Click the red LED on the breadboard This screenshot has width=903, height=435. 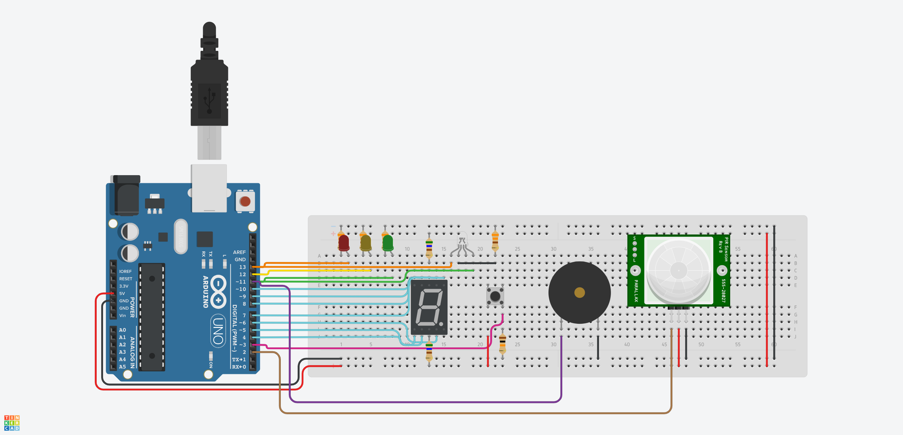(x=344, y=243)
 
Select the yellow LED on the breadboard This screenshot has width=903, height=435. (x=365, y=243)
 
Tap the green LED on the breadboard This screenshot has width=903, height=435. (x=388, y=243)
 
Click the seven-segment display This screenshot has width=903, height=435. (x=429, y=307)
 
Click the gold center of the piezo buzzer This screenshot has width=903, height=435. (x=579, y=293)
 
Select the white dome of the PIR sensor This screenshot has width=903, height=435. (x=678, y=270)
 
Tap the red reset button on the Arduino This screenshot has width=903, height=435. (x=245, y=201)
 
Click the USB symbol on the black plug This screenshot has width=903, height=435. (x=209, y=100)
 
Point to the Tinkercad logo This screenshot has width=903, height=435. (x=12, y=423)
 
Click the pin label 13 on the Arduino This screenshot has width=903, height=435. (x=242, y=267)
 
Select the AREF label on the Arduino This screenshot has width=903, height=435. (x=239, y=252)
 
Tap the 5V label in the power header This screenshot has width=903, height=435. (x=122, y=293)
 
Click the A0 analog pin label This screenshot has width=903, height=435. (x=122, y=330)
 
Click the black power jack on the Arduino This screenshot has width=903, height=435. (x=126, y=196)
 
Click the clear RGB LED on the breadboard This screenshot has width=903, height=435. (x=462, y=241)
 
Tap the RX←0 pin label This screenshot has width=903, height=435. (x=239, y=367)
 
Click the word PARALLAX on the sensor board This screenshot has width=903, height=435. (x=636, y=290)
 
